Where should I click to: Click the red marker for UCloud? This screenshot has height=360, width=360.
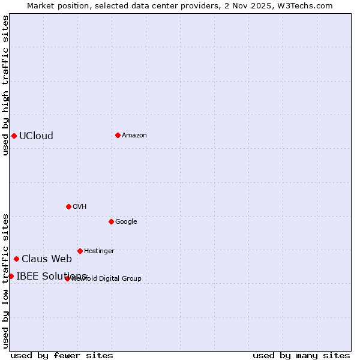point(14,136)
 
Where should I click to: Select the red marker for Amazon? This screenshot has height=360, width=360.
point(118,135)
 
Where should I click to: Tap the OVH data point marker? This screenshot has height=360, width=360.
point(68,206)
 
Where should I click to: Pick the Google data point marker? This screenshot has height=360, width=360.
point(111,221)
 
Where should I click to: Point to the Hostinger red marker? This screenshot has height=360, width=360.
point(80,251)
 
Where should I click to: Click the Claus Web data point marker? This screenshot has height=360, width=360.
point(16,259)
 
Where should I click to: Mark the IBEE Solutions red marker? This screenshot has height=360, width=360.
point(11,276)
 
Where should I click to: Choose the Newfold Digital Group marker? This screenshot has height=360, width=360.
point(67,278)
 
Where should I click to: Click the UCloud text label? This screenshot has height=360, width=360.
point(36,136)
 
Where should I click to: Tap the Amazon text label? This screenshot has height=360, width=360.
point(134,135)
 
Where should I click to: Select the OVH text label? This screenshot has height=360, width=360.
point(80,206)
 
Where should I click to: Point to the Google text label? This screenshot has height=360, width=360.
point(126,221)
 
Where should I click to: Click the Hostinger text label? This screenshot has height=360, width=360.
point(99,251)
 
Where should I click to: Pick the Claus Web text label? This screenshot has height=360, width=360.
point(47,259)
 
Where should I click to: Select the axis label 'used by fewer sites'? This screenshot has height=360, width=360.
point(62,355)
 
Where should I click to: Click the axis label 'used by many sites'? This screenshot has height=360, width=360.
point(301,355)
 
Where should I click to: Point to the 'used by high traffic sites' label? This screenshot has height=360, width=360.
point(5,85)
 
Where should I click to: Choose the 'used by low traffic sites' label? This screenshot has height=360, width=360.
point(5,280)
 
